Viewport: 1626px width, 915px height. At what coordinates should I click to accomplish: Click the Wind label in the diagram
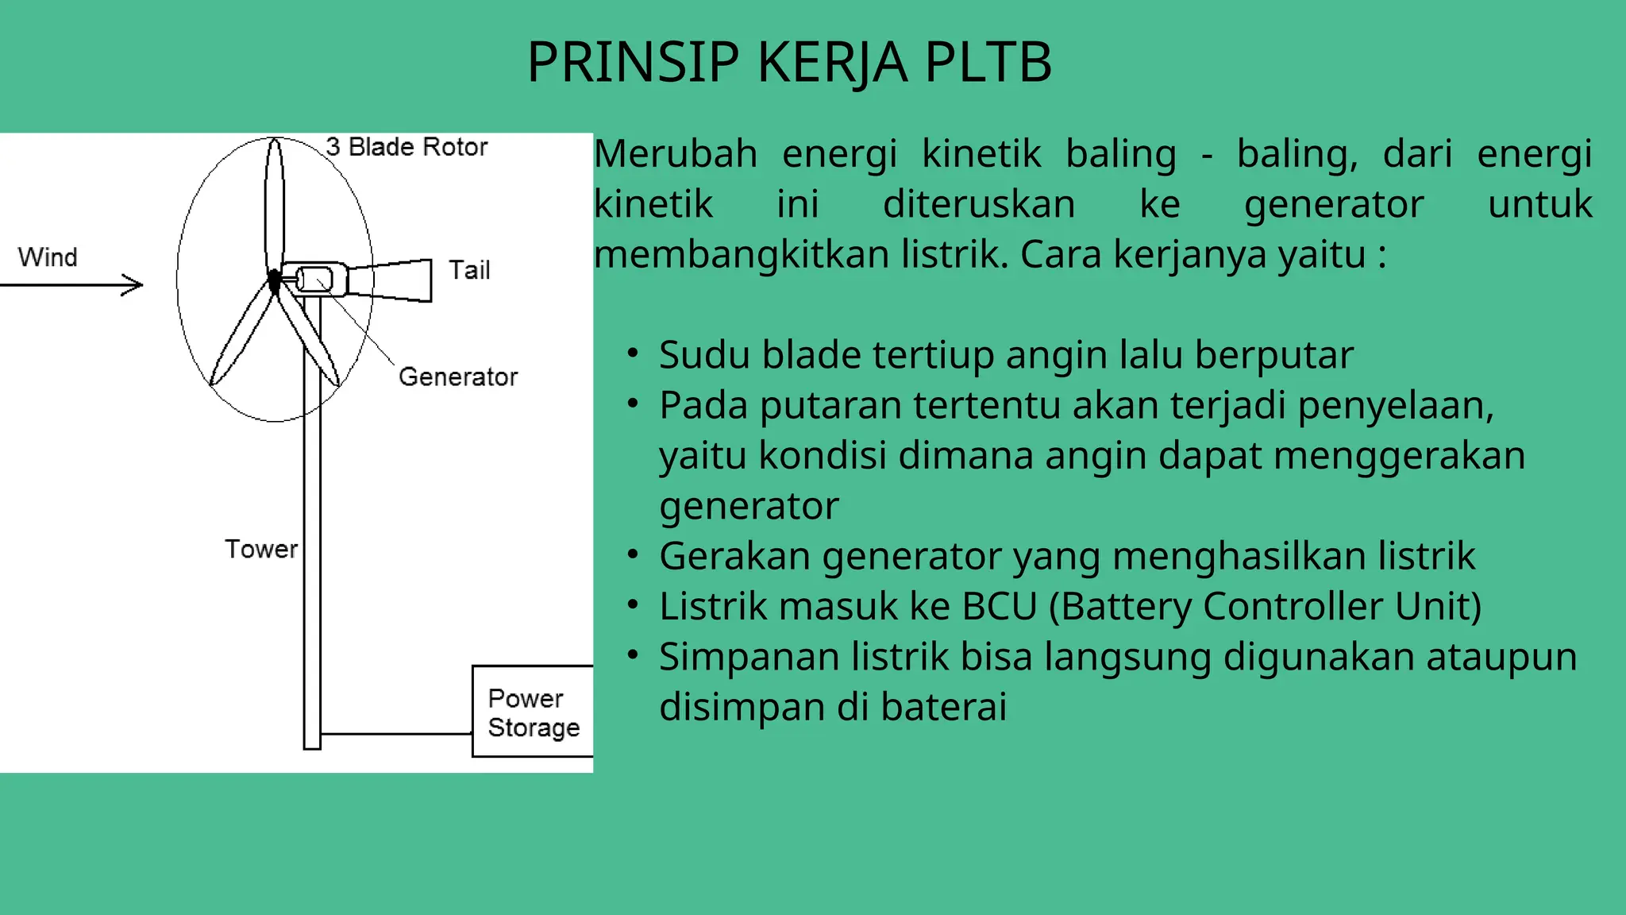(x=48, y=257)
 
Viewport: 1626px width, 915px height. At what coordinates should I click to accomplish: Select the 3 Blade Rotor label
(x=406, y=147)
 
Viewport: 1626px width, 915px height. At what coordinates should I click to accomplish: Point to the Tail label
(x=469, y=270)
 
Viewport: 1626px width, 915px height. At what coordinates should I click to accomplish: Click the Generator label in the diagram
(x=457, y=376)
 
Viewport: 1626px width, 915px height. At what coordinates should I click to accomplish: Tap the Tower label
(x=260, y=549)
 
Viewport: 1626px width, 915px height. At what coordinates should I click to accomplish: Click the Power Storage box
(x=533, y=712)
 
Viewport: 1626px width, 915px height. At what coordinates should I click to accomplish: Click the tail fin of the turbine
(x=402, y=280)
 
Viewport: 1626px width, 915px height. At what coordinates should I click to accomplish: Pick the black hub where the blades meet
(x=274, y=280)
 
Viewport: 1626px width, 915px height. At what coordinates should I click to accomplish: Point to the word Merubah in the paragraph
(x=676, y=154)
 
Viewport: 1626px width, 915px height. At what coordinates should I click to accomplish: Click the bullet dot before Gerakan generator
(x=633, y=554)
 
